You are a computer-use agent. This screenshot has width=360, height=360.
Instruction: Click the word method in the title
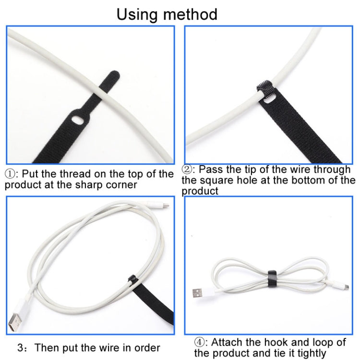[192, 14]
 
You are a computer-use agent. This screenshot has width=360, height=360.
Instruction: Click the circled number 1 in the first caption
[11, 174]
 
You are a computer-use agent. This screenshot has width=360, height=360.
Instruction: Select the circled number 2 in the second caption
[188, 169]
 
